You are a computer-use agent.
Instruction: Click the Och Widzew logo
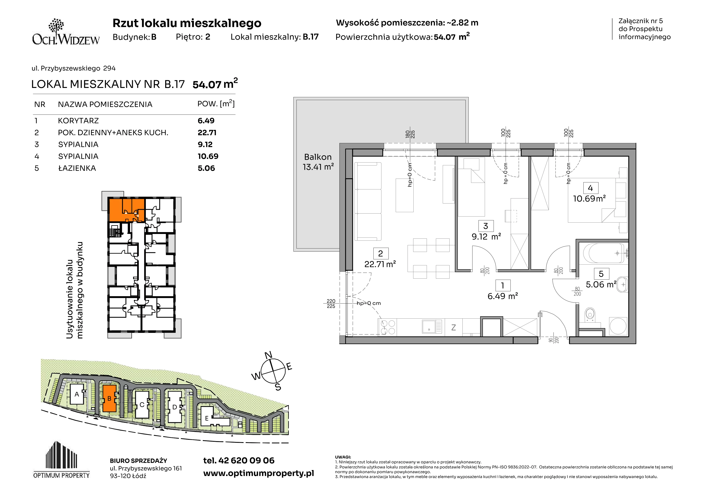point(66,32)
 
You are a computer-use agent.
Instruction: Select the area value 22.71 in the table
point(207,133)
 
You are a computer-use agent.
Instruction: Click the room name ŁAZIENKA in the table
point(77,168)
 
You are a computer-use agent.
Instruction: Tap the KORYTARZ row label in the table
point(78,121)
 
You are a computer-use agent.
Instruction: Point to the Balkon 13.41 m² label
point(318,162)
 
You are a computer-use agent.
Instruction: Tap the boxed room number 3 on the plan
point(486,226)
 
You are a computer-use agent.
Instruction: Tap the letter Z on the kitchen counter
point(454,327)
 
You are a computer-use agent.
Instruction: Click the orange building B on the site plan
point(109,398)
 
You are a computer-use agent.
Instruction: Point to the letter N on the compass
point(268,355)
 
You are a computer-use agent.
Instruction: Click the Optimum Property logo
point(62,460)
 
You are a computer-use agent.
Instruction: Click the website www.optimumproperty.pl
point(258,473)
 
